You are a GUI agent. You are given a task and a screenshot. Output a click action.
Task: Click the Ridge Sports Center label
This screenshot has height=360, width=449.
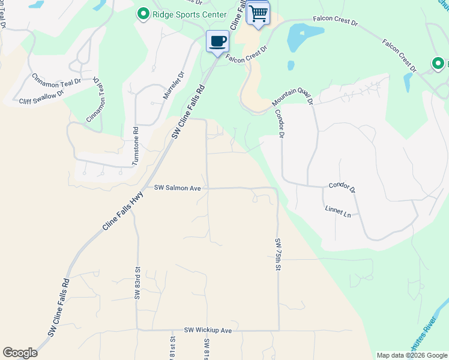(190, 14)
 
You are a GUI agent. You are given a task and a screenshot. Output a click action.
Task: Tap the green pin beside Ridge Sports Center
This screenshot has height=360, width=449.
(143, 14)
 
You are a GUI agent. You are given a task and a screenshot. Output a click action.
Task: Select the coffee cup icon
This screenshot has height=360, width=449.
(217, 41)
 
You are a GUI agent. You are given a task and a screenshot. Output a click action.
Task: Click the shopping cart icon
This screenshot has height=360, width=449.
(258, 13)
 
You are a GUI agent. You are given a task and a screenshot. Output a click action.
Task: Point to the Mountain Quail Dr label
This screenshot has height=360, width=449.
(292, 95)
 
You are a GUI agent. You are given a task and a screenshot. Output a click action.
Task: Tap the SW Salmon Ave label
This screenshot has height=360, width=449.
(177, 188)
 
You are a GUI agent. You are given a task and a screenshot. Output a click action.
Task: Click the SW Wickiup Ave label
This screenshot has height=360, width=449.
(208, 330)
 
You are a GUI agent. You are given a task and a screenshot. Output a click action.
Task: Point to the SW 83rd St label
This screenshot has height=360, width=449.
(137, 283)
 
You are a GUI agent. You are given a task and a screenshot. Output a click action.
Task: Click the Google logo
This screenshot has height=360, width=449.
(20, 353)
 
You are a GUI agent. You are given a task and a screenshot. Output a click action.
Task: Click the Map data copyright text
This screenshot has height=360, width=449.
(412, 355)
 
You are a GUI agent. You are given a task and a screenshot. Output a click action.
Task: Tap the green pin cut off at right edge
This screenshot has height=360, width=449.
(439, 63)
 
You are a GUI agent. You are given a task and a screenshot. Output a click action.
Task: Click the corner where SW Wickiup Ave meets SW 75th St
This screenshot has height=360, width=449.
(279, 329)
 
